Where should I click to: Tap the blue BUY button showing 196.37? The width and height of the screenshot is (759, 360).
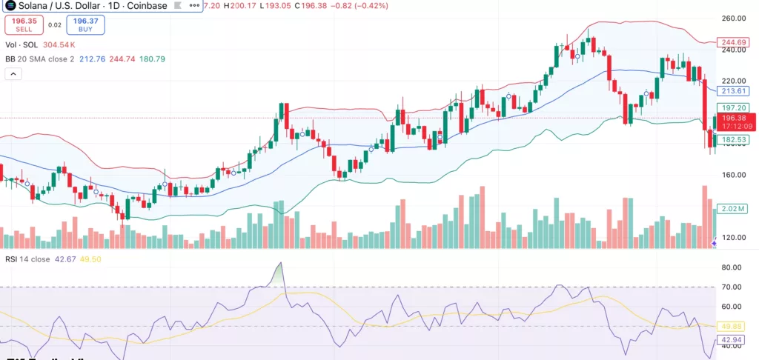click(x=86, y=24)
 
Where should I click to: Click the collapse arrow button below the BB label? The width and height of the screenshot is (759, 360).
click(x=13, y=74)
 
